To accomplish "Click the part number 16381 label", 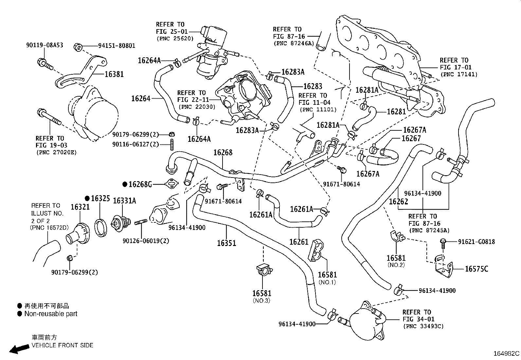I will pyautogui.click(x=114, y=74).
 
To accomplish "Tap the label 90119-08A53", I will pyautogui.click(x=45, y=46).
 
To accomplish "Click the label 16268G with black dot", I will pyautogui.click(x=140, y=184).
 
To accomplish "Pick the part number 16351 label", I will pyautogui.click(x=226, y=243).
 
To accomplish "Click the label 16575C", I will pyautogui.click(x=476, y=269).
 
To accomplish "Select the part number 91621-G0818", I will pyautogui.click(x=476, y=242).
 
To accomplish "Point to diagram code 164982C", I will pyautogui.click(x=506, y=354).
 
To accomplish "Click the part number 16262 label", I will pyautogui.click(x=398, y=202).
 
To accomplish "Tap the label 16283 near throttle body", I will pyautogui.click(x=313, y=86).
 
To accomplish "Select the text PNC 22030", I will pyautogui.click(x=196, y=107).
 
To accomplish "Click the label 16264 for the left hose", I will pyautogui.click(x=141, y=98).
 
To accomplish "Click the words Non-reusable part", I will pyautogui.click(x=51, y=314).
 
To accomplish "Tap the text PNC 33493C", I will pyautogui.click(x=423, y=326).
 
